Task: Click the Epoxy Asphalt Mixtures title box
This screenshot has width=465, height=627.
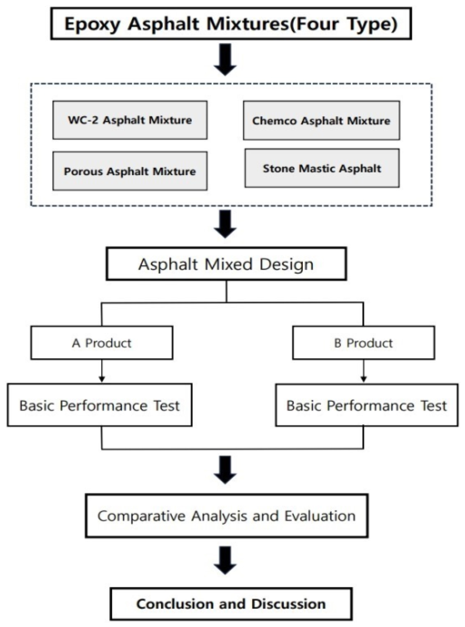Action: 231,24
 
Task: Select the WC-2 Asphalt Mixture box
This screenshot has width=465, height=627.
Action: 130,120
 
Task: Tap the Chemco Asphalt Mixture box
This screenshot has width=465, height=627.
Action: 321,121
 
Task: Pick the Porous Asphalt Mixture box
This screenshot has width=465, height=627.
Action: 130,171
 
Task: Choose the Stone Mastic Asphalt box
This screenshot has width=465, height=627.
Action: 322,168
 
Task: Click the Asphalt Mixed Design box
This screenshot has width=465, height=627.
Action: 226,264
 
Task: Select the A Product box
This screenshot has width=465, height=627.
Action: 102,343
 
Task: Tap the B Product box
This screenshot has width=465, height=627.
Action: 363,343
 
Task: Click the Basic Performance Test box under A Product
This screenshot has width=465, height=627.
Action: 99,406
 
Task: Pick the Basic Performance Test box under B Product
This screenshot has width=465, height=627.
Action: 366,406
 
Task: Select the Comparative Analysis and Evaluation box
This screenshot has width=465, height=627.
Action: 227,516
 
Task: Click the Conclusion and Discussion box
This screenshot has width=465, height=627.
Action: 231,604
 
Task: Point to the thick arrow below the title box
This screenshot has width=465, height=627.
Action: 225,60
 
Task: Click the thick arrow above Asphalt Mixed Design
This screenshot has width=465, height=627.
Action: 225,224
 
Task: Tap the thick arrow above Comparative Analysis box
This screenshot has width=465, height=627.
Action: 225,470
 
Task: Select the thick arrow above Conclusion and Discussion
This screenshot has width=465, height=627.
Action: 225,560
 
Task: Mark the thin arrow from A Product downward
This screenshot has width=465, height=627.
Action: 102,371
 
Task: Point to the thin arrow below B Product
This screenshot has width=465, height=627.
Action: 363,371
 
